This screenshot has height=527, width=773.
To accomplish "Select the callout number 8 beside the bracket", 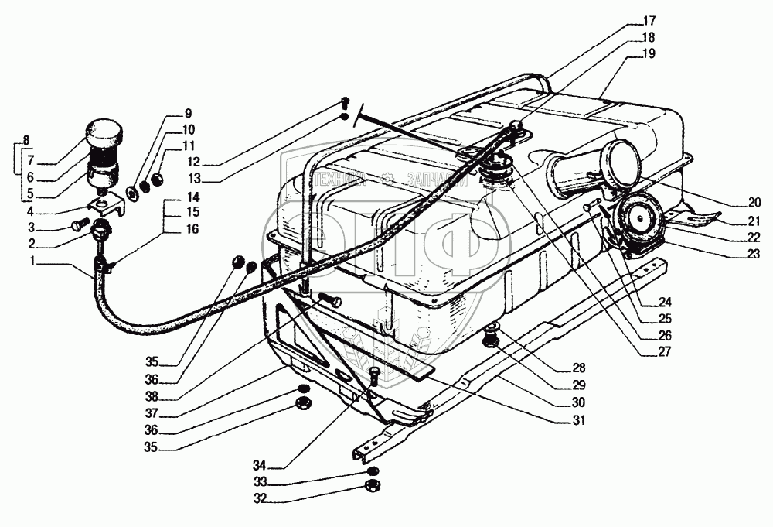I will click(26, 140).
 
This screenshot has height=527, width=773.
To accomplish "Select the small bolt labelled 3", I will click(77, 227).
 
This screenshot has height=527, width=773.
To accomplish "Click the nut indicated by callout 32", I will click(370, 487).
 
